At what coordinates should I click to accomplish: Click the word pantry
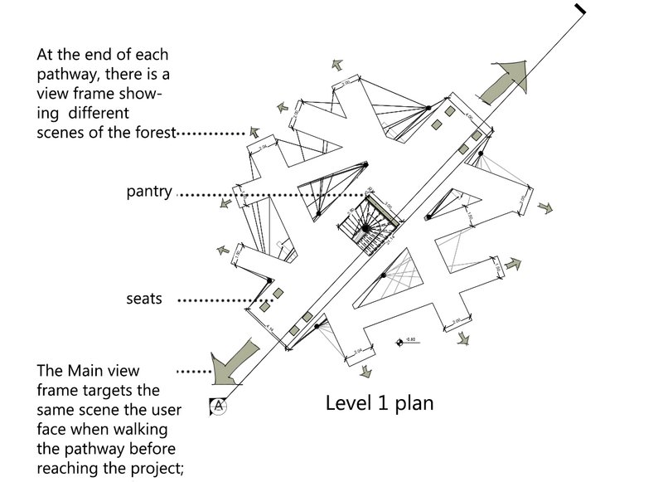[x=148, y=192]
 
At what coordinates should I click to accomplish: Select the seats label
[x=144, y=299]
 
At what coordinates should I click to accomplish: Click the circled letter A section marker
[x=218, y=406]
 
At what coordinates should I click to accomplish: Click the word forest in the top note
[x=152, y=133]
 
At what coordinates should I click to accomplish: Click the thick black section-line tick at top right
[x=580, y=9]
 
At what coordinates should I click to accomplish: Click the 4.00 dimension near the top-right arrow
[x=471, y=108]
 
